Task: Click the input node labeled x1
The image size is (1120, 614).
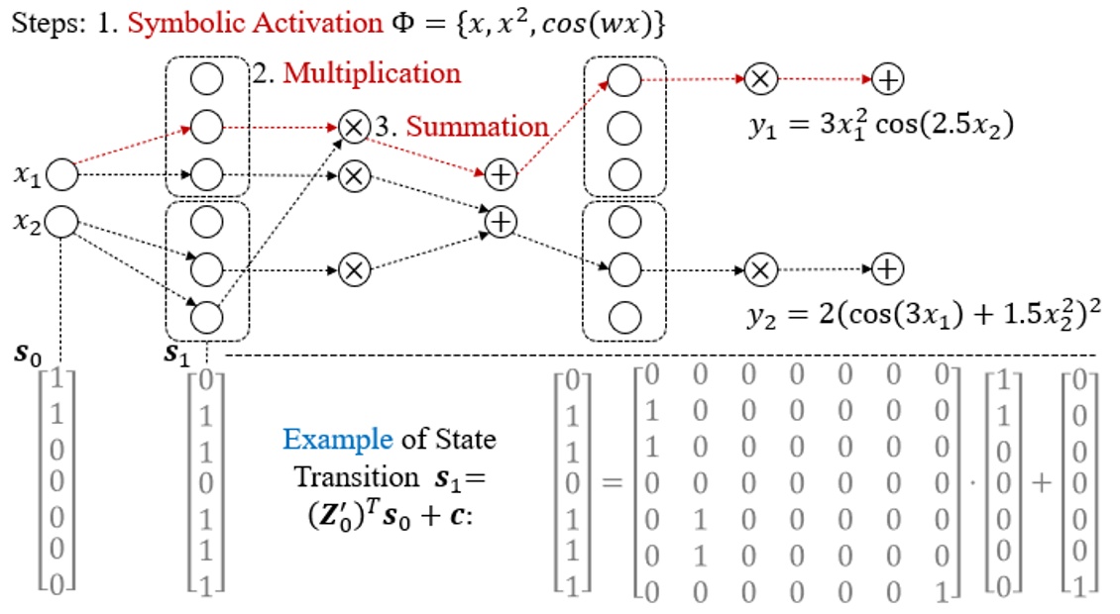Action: [x=61, y=176]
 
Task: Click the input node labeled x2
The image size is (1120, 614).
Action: [x=61, y=221]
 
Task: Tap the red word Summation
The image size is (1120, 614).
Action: [x=477, y=127]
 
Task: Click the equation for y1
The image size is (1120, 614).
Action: [x=881, y=128]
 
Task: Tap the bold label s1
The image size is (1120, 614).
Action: [x=177, y=354]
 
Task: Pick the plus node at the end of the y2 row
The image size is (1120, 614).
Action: [x=887, y=268]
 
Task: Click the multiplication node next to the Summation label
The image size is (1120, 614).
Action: [x=352, y=127]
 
